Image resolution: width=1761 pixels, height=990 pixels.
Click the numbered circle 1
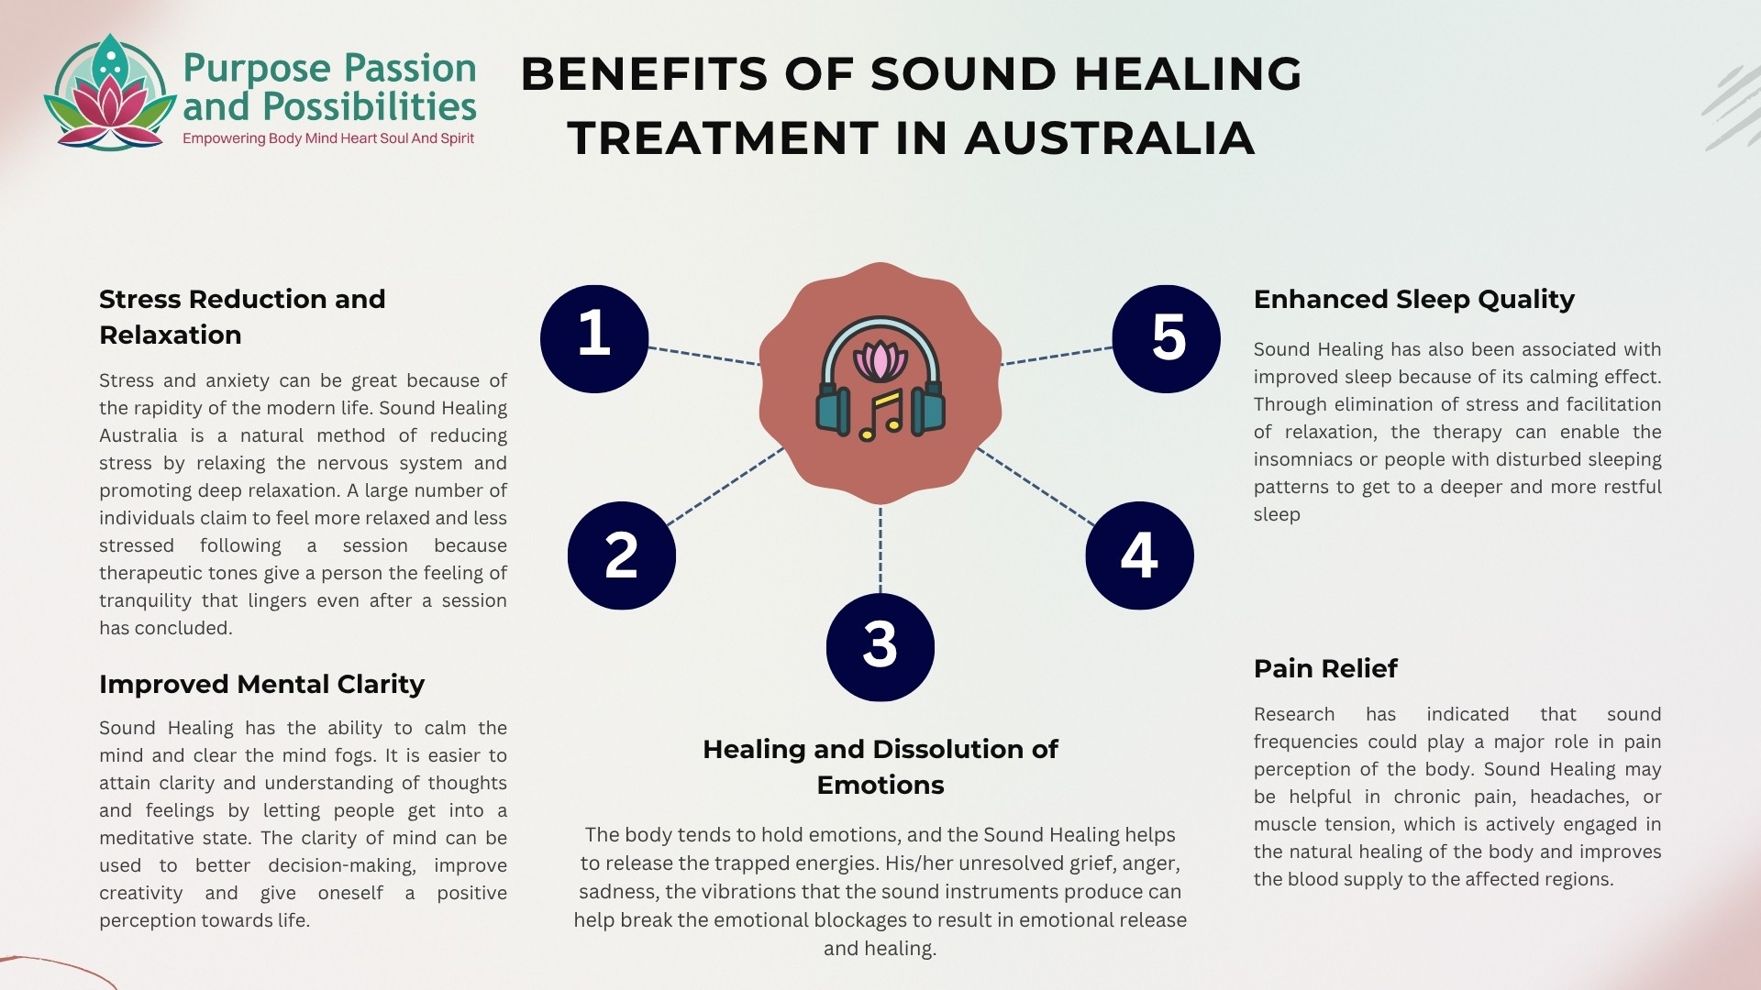tap(594, 338)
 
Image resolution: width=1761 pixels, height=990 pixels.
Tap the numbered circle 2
tap(622, 555)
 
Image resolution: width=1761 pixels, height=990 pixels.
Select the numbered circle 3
tap(880, 647)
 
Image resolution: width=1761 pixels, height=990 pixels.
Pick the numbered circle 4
tap(1139, 555)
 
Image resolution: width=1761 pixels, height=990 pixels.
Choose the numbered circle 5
tap(1166, 338)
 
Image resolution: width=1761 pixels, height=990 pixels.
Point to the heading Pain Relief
tap(1325, 668)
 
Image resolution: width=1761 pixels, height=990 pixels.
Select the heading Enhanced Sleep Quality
tap(1413, 299)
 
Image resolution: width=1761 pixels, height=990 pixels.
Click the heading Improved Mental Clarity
tap(261, 684)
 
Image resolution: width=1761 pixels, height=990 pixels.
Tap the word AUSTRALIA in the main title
tap(1109, 138)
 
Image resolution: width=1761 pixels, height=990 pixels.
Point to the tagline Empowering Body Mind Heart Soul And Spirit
tap(328, 138)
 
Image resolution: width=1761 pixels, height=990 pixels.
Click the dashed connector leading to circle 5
tap(1056, 356)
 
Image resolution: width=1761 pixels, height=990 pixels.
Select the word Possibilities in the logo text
tap(369, 107)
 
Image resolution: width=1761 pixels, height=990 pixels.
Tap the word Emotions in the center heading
tap(880, 785)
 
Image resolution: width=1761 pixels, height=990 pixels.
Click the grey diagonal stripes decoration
tap(1732, 108)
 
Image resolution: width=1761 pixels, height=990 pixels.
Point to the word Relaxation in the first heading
tap(171, 335)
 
